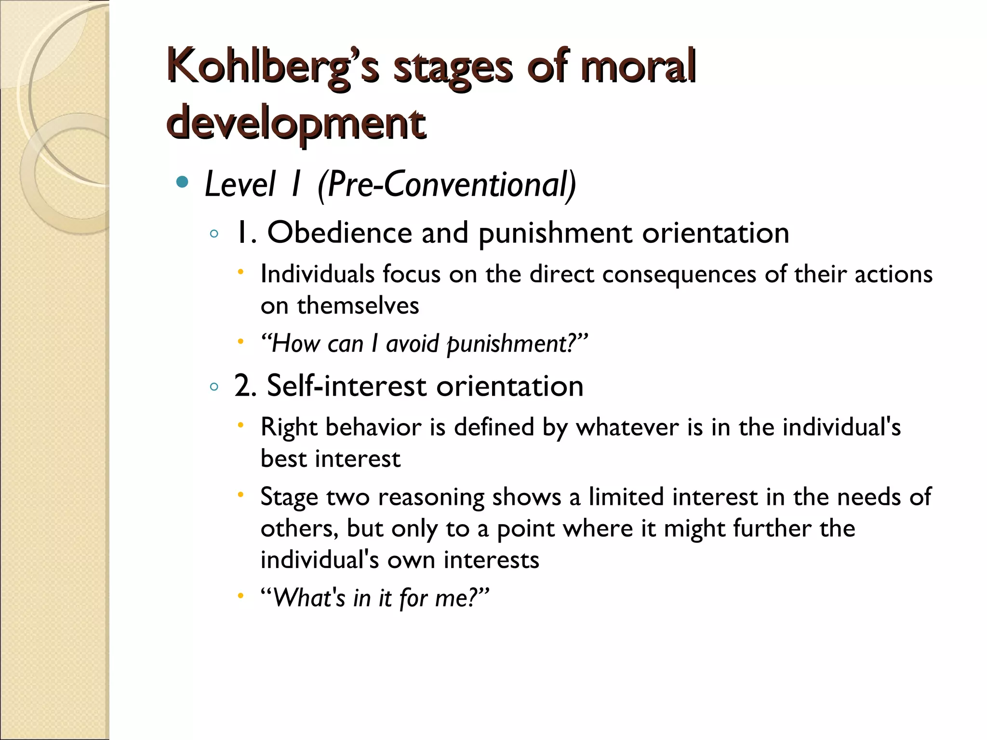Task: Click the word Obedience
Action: pos(339,233)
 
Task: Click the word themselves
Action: pos(358,305)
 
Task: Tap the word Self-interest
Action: pos(347,386)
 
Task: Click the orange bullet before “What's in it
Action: pos(241,596)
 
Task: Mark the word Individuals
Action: pos(318,274)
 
